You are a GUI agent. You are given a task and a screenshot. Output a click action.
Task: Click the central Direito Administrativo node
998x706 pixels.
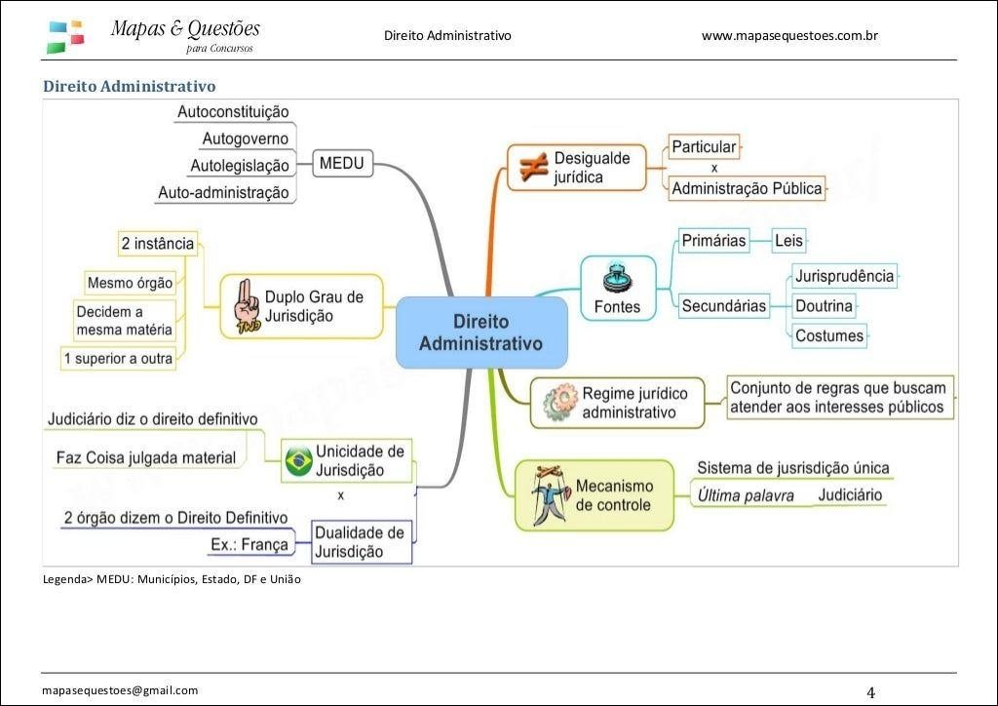coord(481,333)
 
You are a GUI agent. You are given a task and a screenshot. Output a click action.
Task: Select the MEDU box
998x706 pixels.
coord(342,164)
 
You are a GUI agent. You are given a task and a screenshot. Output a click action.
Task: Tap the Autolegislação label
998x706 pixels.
coord(240,166)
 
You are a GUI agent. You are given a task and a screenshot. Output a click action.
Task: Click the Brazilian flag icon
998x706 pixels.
coord(298,461)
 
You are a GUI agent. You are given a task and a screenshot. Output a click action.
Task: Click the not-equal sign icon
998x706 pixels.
coord(533,167)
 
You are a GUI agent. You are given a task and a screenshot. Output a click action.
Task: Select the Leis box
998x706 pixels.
coord(788,241)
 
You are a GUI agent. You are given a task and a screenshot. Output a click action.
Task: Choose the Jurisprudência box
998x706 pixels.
coord(844,276)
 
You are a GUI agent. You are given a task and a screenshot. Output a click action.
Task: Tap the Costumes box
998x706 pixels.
coord(829,335)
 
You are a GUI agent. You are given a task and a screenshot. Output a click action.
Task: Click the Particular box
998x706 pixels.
coord(704,147)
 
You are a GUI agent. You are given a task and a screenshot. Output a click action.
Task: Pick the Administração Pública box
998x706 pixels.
coord(747,188)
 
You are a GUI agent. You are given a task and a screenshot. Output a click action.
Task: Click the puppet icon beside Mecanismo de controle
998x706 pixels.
coord(551,495)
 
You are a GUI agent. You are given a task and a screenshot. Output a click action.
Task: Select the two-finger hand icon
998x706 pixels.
coord(247,307)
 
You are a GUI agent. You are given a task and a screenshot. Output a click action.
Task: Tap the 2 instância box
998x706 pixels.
coord(158,244)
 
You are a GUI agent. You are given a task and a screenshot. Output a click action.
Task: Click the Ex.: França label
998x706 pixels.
coord(249,544)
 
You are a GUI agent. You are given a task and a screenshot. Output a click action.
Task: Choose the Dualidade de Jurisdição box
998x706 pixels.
coord(361,542)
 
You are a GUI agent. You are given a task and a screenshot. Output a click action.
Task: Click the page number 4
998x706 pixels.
coord(870,692)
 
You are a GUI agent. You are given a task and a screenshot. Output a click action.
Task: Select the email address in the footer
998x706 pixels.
coord(120,690)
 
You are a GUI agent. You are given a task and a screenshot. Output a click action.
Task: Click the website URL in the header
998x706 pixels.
coord(789,36)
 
